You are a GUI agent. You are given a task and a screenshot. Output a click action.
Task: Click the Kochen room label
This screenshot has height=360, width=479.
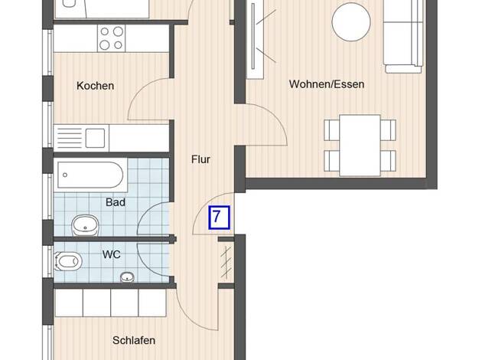click(96, 86)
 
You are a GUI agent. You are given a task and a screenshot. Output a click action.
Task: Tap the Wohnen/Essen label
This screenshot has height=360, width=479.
click(327, 84)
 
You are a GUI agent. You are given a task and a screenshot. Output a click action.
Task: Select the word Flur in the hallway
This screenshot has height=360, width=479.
click(200, 159)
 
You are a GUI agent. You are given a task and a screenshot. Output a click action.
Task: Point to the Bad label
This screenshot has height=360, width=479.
click(116, 202)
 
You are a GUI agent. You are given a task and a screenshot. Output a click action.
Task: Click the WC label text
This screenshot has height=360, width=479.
click(111, 254)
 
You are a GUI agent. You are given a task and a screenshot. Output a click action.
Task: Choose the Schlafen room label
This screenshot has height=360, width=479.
click(134, 340)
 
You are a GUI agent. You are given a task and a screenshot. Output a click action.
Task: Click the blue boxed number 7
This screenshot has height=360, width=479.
click(219, 218)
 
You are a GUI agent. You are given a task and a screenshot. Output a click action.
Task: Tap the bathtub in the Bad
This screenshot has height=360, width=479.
click(91, 175)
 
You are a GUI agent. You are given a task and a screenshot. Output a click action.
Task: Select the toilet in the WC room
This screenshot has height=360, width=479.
click(68, 262)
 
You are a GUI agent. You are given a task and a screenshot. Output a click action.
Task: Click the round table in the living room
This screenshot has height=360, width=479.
click(351, 21)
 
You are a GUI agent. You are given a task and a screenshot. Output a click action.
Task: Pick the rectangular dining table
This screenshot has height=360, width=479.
click(360, 146)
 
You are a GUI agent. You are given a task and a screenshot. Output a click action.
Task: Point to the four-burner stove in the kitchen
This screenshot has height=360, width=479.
click(111, 38)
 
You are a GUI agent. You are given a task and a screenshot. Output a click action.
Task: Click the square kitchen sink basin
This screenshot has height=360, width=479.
click(95, 138)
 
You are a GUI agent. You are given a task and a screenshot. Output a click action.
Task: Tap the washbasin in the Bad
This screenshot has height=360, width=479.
click(85, 225)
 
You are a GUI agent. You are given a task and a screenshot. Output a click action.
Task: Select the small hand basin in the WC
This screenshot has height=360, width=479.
click(127, 277)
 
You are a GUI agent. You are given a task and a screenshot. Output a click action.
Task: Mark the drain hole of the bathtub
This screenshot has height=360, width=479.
click(65, 175)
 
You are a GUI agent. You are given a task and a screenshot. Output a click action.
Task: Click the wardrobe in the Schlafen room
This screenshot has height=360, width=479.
click(110, 303)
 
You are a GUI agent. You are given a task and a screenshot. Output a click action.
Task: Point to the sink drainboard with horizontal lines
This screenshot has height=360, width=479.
click(70, 138)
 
